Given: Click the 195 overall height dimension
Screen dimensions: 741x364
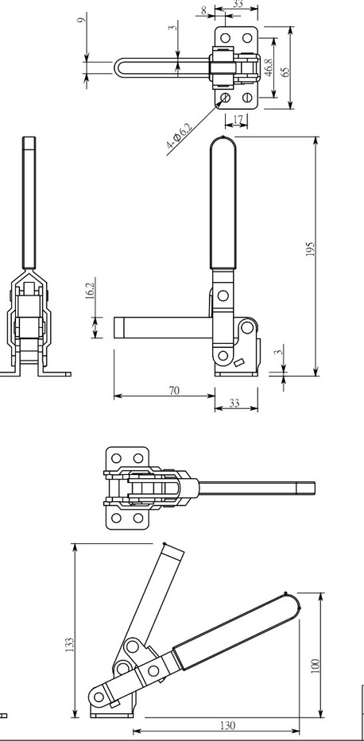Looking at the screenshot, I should coord(310,249).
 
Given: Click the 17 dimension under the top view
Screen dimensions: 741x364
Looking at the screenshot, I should coord(236,121).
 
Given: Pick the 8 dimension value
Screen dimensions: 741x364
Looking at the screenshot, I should coord(204,10).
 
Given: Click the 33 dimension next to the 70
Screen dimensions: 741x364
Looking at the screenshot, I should coord(234,403).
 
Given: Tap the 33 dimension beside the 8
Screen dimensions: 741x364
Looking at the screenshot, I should coord(238,4).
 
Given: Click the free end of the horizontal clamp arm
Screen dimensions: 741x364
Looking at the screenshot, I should coord(120,326).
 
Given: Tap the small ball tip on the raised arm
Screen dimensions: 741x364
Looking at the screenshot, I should coord(165,545).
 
